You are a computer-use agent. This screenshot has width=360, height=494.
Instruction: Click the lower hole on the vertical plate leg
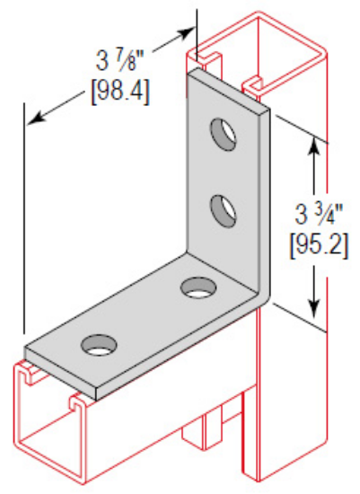[x=221, y=212]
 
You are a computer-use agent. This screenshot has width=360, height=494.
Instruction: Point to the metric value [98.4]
[x=120, y=93]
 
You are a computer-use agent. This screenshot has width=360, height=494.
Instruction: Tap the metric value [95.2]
[x=318, y=244]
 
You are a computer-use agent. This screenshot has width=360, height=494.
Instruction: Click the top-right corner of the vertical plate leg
[x=268, y=111]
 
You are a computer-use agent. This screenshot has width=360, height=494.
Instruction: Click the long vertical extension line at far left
[x=24, y=225]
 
